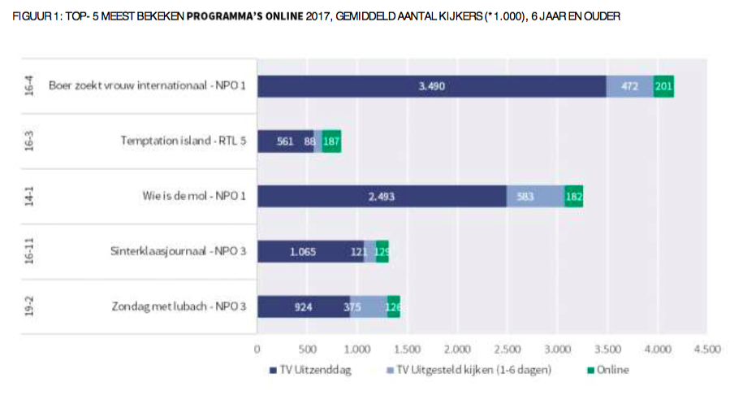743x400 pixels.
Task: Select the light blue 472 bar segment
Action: (x=629, y=86)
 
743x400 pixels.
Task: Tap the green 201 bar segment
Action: (x=663, y=86)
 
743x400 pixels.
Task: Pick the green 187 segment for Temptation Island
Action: (x=331, y=141)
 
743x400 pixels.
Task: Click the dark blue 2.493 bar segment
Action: (x=382, y=197)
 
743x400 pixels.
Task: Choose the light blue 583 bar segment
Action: (x=535, y=197)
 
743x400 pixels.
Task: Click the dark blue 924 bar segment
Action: (x=303, y=307)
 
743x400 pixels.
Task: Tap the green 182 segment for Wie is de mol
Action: (x=574, y=197)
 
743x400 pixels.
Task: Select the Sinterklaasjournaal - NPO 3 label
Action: (x=178, y=252)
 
